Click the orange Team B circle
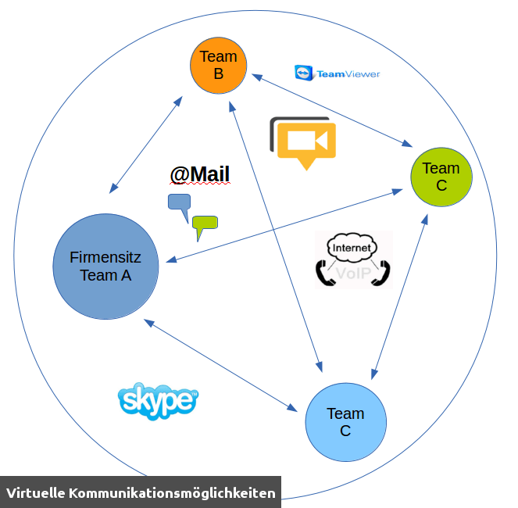click(219, 66)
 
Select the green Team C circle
click(441, 177)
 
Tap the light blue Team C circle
click(345, 422)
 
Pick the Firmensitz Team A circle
click(105, 267)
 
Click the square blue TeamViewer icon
click(302, 73)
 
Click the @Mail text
click(200, 174)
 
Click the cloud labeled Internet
click(352, 249)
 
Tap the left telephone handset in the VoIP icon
click(324, 273)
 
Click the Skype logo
click(158, 402)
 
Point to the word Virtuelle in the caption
click(35, 493)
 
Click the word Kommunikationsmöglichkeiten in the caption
click(172, 493)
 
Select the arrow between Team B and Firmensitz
click(147, 145)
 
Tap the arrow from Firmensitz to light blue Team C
click(220, 365)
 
